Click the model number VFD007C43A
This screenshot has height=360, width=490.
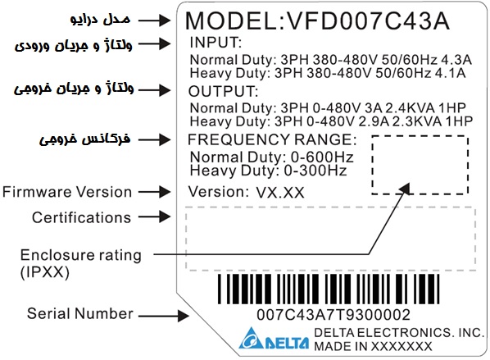pos(368,21)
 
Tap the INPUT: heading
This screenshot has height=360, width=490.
pos(216,42)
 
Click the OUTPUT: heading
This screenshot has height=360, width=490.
pos(223,91)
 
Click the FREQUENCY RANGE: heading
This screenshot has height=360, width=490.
pos(272,139)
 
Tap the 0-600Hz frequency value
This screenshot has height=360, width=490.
pos(322,157)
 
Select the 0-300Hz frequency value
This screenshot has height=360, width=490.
pos(315,171)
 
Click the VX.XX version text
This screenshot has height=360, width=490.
pos(280,193)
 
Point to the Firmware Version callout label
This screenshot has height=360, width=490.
pos(67,192)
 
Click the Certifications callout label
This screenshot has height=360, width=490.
pos(81,217)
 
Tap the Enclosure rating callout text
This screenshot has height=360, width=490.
pos(80,255)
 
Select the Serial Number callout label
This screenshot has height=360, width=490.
pos(80,313)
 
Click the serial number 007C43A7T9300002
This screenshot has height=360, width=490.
pos(333,315)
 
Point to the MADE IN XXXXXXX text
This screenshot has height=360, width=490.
pos(373,347)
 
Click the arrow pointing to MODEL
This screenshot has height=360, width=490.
pos(154,21)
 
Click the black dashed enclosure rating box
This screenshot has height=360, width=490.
pos(372,165)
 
